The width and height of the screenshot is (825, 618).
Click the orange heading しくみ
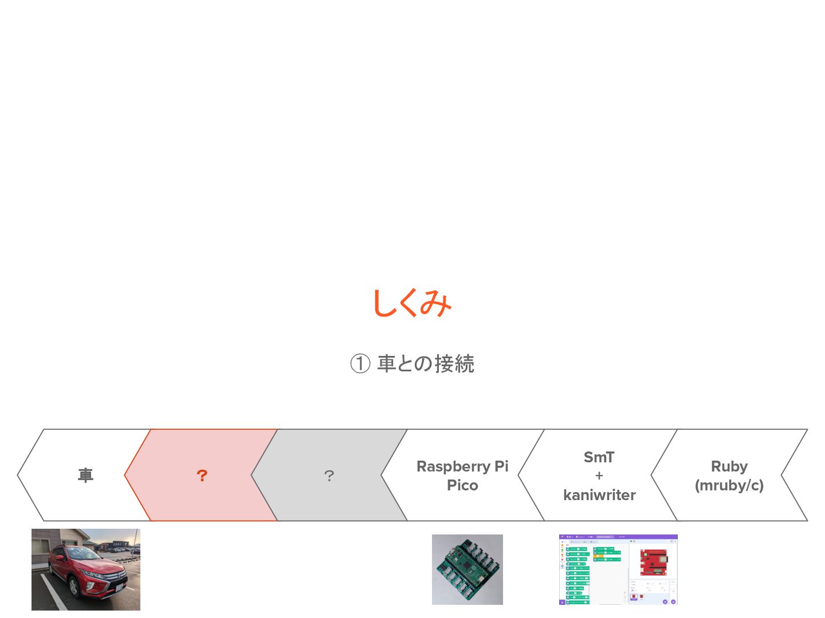pyautogui.click(x=412, y=303)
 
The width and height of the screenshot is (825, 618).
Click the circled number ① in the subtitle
pyautogui.click(x=360, y=364)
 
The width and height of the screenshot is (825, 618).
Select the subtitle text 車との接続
pyautogui.click(x=426, y=364)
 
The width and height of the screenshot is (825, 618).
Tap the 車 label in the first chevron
pyautogui.click(x=85, y=476)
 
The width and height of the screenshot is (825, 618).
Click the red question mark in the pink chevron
pyautogui.click(x=202, y=476)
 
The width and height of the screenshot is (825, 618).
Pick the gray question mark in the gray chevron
pyautogui.click(x=329, y=476)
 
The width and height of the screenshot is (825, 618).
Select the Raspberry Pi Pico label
pyautogui.click(x=462, y=476)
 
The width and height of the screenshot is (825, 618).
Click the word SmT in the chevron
pyautogui.click(x=599, y=457)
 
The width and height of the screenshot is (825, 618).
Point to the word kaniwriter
pyautogui.click(x=599, y=495)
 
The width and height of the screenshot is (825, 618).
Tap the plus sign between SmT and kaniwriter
pyautogui.click(x=599, y=476)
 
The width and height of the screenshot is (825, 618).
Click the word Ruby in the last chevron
pyautogui.click(x=729, y=466)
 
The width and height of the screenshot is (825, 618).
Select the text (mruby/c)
pyautogui.click(x=729, y=486)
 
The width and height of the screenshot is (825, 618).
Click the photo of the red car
pyautogui.click(x=86, y=569)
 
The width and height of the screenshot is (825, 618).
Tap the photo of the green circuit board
pyautogui.click(x=467, y=569)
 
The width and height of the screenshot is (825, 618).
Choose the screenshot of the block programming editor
pyautogui.click(x=618, y=569)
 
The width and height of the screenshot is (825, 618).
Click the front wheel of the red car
pyautogui.click(x=74, y=587)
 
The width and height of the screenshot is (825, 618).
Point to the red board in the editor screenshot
pyautogui.click(x=653, y=561)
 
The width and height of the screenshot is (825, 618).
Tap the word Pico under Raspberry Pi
pyautogui.click(x=462, y=485)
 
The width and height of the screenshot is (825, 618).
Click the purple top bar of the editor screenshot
pyautogui.click(x=618, y=537)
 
